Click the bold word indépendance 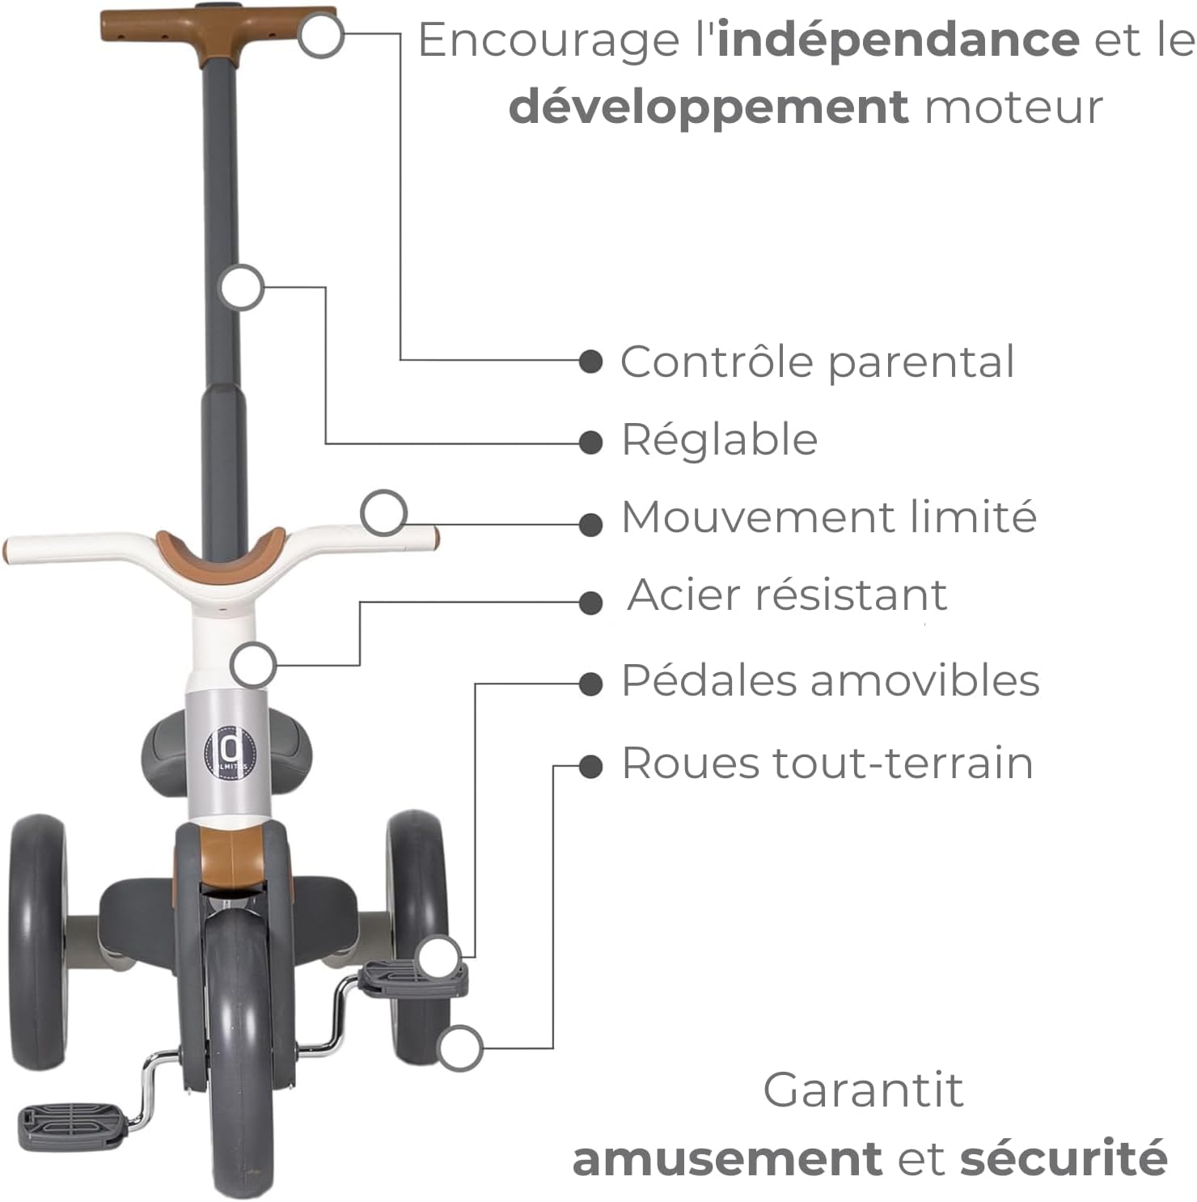pyautogui.click(x=898, y=40)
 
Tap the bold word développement pyautogui.click(x=708, y=108)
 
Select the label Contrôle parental pyautogui.click(x=817, y=362)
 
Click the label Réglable pyautogui.click(x=719, y=440)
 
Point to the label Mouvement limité pyautogui.click(x=828, y=518)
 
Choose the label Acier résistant pyautogui.click(x=787, y=596)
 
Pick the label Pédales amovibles pyautogui.click(x=830, y=680)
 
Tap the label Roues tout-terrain pyautogui.click(x=827, y=764)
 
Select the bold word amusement pyautogui.click(x=726, y=1159)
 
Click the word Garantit pyautogui.click(x=863, y=1090)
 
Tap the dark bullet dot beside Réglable pyautogui.click(x=591, y=442)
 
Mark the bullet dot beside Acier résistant pyautogui.click(x=591, y=603)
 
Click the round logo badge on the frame pyautogui.click(x=226, y=754)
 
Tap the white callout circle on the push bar pyautogui.click(x=241, y=287)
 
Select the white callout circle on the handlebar pyautogui.click(x=383, y=513)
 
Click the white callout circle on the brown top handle pyautogui.click(x=320, y=36)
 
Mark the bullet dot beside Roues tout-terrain pyautogui.click(x=591, y=766)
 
